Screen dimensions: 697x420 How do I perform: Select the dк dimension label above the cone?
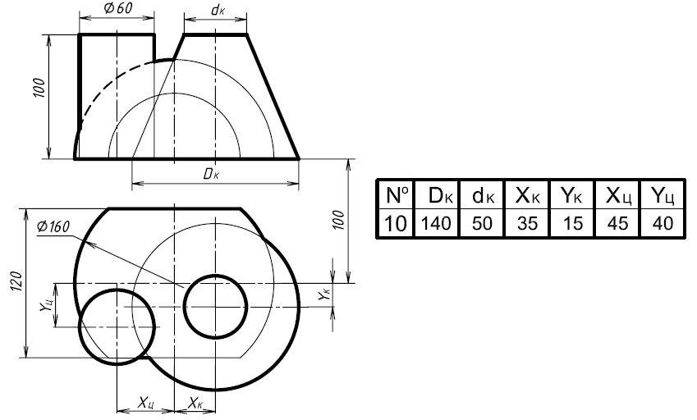pos(218,10)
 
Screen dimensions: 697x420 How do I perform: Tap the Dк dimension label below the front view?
pos(211,174)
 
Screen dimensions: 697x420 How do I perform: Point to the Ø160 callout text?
pos(53,226)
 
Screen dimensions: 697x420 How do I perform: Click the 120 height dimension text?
pos(16,281)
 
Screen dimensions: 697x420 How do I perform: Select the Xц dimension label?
pos(146,403)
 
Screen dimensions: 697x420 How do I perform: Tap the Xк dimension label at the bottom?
pos(195,403)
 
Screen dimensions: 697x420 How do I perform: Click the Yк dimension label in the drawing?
pos(324,294)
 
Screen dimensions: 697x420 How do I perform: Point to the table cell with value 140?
pos(437,222)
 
